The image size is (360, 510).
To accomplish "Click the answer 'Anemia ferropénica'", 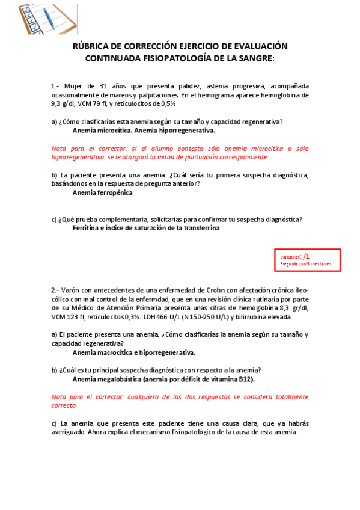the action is click(102, 193).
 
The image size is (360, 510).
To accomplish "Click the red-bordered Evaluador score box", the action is click(307, 259).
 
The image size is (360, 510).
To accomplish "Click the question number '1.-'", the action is click(55, 86).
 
